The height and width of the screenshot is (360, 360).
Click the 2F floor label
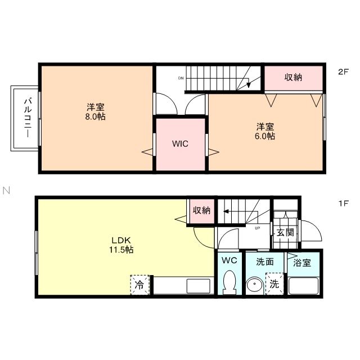[343, 72]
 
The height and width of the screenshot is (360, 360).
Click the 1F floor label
[343, 202]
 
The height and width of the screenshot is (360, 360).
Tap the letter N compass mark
[6, 190]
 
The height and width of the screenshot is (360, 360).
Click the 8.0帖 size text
[94, 117]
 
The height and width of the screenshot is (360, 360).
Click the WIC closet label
[180, 143]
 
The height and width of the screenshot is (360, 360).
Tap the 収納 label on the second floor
[292, 78]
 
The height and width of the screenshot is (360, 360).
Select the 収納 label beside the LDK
[201, 210]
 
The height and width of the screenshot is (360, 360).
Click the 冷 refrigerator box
[140, 285]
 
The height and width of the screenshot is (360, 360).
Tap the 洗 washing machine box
[274, 285]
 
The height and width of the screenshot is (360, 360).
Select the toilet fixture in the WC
[229, 282]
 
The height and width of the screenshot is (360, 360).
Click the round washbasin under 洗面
[254, 286]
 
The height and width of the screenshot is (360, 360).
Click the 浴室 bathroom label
[303, 262]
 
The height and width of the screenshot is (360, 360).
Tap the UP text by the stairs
[257, 228]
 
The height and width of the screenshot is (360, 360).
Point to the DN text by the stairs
[181, 78]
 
